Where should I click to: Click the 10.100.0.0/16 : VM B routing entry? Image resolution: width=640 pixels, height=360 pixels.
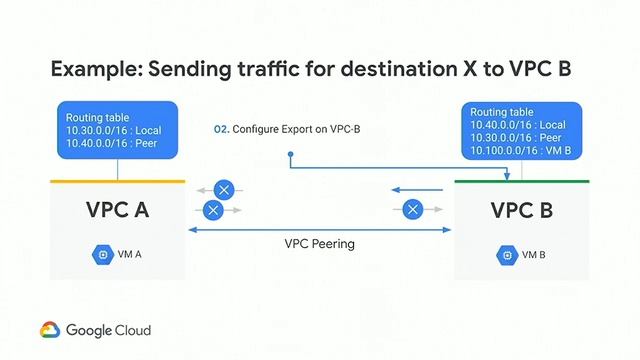[520, 150]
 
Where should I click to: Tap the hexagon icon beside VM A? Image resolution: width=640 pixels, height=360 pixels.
[103, 254]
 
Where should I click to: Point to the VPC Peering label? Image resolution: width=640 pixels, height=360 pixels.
[319, 243]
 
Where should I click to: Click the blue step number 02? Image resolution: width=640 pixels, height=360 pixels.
[221, 129]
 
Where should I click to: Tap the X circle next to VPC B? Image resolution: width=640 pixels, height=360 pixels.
[411, 209]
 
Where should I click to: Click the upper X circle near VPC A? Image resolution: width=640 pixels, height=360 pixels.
[226, 189]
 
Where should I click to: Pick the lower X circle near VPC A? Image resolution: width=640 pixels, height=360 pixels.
[212, 209]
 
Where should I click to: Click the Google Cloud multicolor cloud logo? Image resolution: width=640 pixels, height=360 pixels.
[50, 329]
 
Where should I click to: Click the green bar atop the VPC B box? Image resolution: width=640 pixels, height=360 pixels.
[522, 181]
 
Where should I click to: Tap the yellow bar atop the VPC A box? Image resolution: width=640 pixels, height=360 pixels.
[118, 181]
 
